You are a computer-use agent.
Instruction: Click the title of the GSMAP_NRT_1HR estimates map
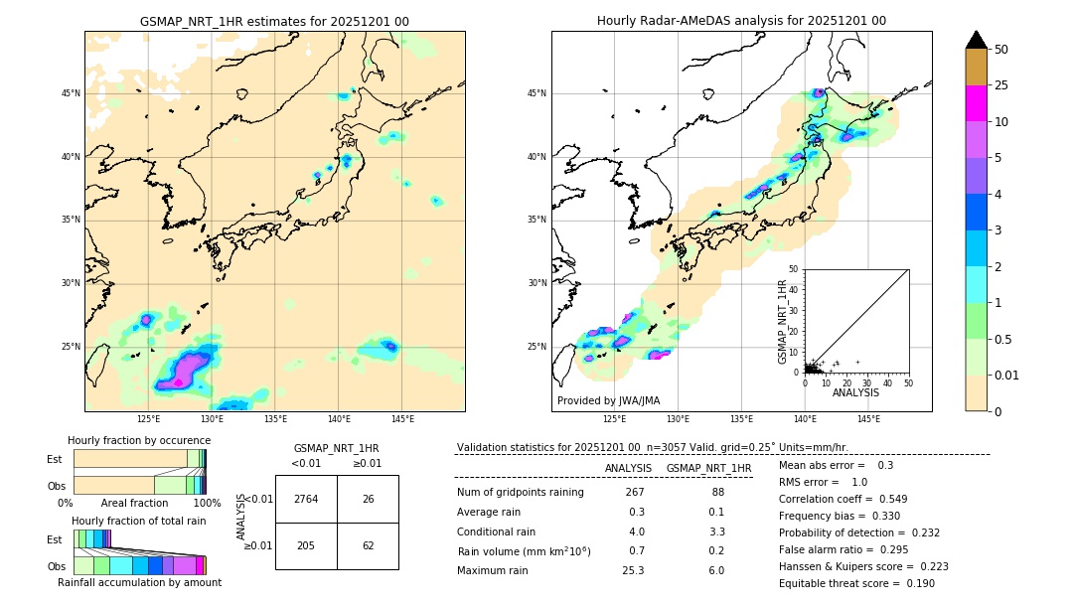pos(274,21)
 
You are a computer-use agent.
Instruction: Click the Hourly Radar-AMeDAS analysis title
pos(741,21)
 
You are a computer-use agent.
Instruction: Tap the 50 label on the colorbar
pos(1001,50)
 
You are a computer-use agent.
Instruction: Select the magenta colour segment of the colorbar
pos(976,103)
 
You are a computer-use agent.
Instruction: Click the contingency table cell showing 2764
pos(306,499)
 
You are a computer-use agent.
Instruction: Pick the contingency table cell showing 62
pos(368,545)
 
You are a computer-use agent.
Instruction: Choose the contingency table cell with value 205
pos(306,545)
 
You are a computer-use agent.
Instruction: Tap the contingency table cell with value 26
pos(368,499)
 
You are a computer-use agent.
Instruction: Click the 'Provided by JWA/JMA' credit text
pos(608,401)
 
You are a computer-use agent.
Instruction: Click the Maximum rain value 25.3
pos(633,570)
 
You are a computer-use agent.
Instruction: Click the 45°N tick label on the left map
pos(71,93)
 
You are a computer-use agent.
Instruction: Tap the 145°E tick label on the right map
pos(867,419)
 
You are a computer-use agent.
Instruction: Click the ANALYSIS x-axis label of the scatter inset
pos(855,392)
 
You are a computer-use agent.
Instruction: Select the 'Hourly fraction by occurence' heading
pos(139,440)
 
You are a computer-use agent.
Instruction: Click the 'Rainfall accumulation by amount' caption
pos(146,583)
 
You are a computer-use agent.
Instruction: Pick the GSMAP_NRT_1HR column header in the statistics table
pos(708,468)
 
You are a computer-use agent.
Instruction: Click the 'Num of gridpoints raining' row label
pos(521,492)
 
